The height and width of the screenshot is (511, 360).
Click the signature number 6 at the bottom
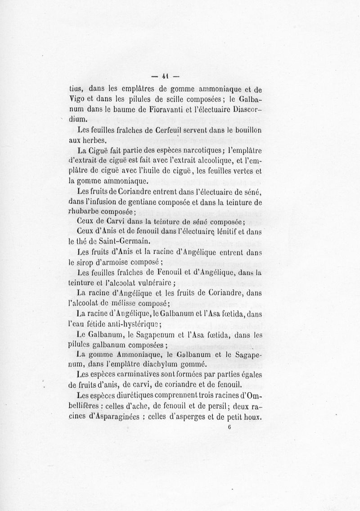229,428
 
